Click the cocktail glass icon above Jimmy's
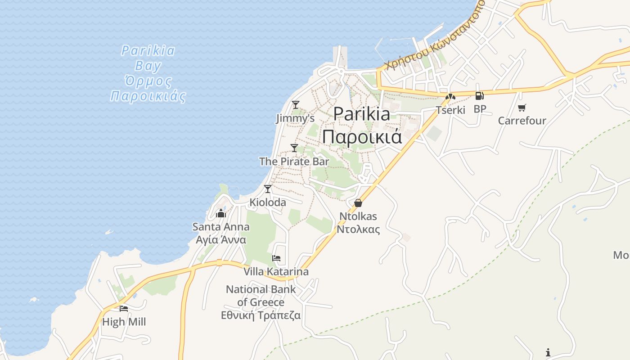coord(295,105)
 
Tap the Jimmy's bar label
coord(295,118)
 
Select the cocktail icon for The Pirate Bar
coord(294,148)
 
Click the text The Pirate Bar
coord(294,161)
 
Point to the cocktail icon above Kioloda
coord(268,189)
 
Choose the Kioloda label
coord(268,202)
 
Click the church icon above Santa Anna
coord(221,213)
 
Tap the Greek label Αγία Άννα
coord(221,239)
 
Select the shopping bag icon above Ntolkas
coord(358,203)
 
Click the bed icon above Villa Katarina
coord(276,258)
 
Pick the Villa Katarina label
coord(276,271)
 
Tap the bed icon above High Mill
coord(124,309)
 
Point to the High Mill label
coord(124,322)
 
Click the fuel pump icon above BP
coord(480,96)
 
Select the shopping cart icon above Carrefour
coord(522,108)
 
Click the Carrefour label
coord(522,121)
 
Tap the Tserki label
coord(450,110)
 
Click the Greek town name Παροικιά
coord(362,136)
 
